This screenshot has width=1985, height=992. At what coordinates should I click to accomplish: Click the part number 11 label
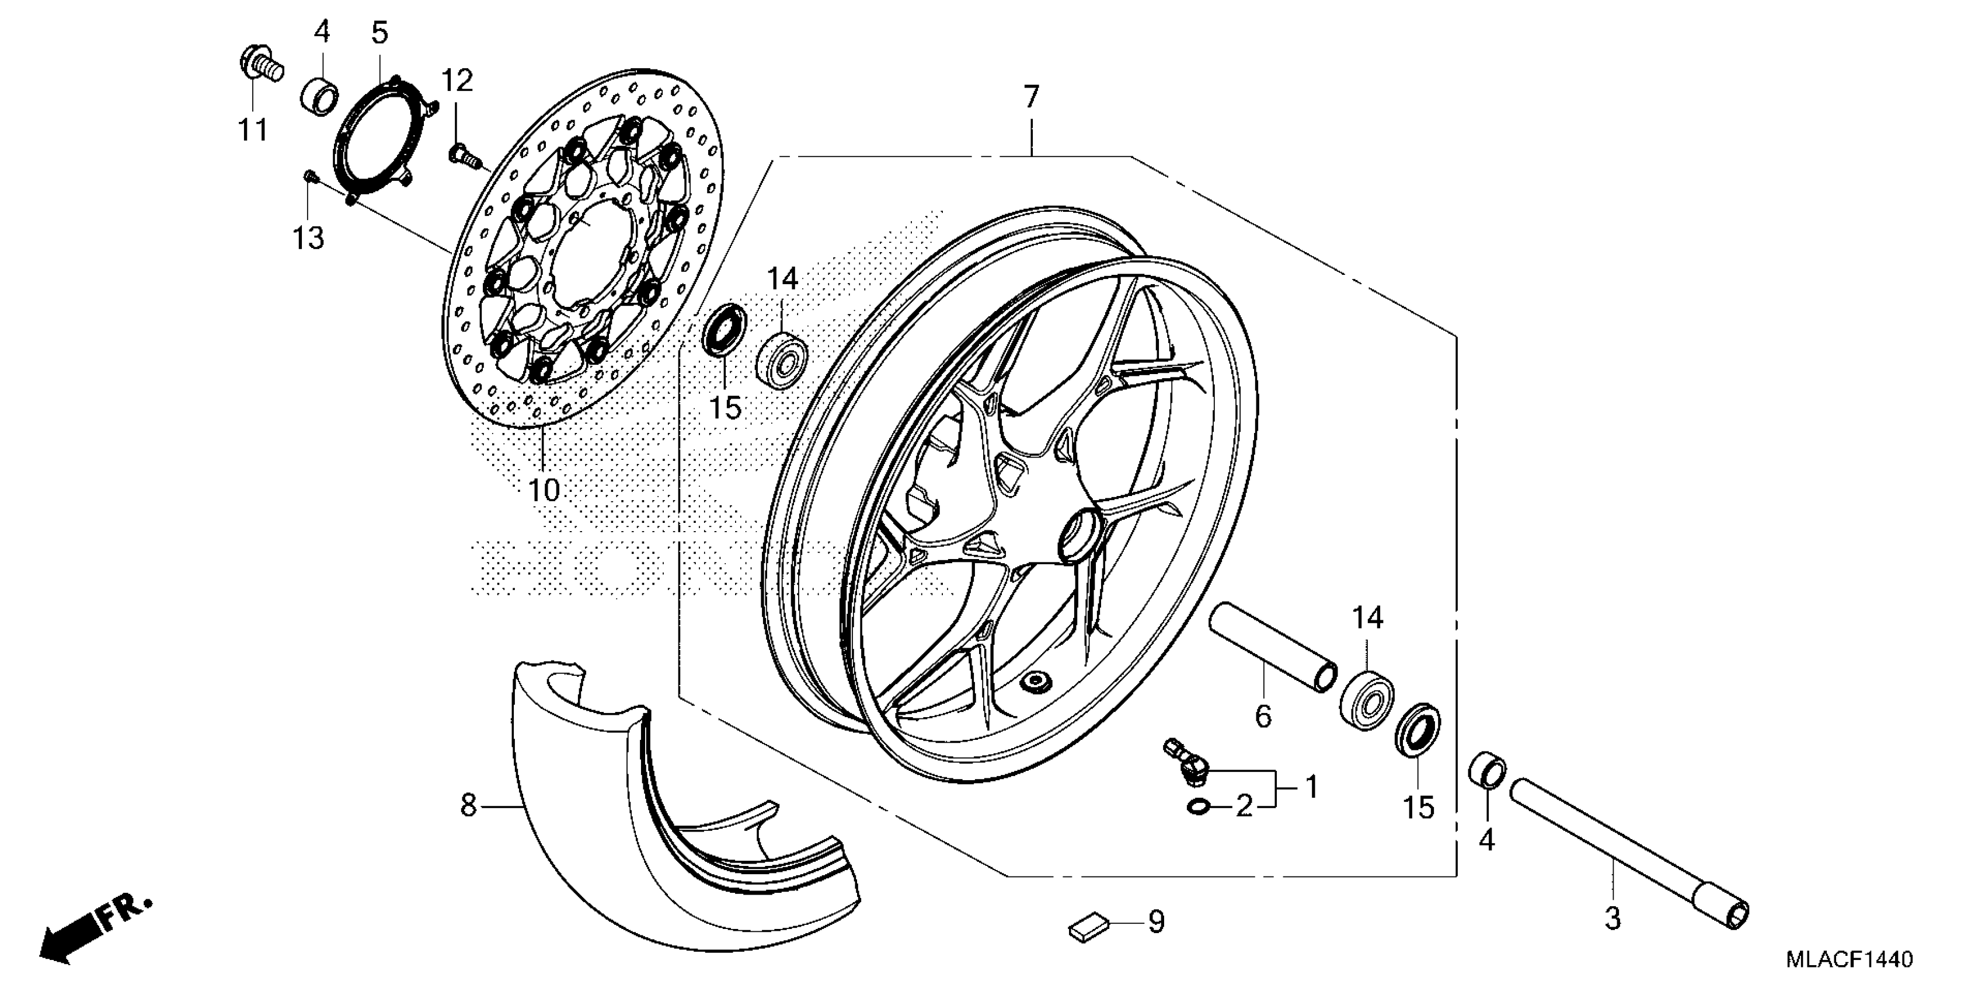[x=253, y=130]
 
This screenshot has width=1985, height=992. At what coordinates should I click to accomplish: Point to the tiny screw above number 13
[x=311, y=178]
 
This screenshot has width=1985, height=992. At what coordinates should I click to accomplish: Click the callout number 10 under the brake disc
[x=544, y=490]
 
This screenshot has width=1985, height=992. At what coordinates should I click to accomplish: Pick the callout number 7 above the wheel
[x=1031, y=98]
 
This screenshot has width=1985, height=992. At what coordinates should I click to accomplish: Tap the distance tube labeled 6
[x=1272, y=648]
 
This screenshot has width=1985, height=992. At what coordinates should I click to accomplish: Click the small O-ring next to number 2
[x=1197, y=806]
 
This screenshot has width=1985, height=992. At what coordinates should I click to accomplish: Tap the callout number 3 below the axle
[x=1613, y=919]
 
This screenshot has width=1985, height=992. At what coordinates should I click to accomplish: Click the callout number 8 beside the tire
[x=468, y=806]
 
